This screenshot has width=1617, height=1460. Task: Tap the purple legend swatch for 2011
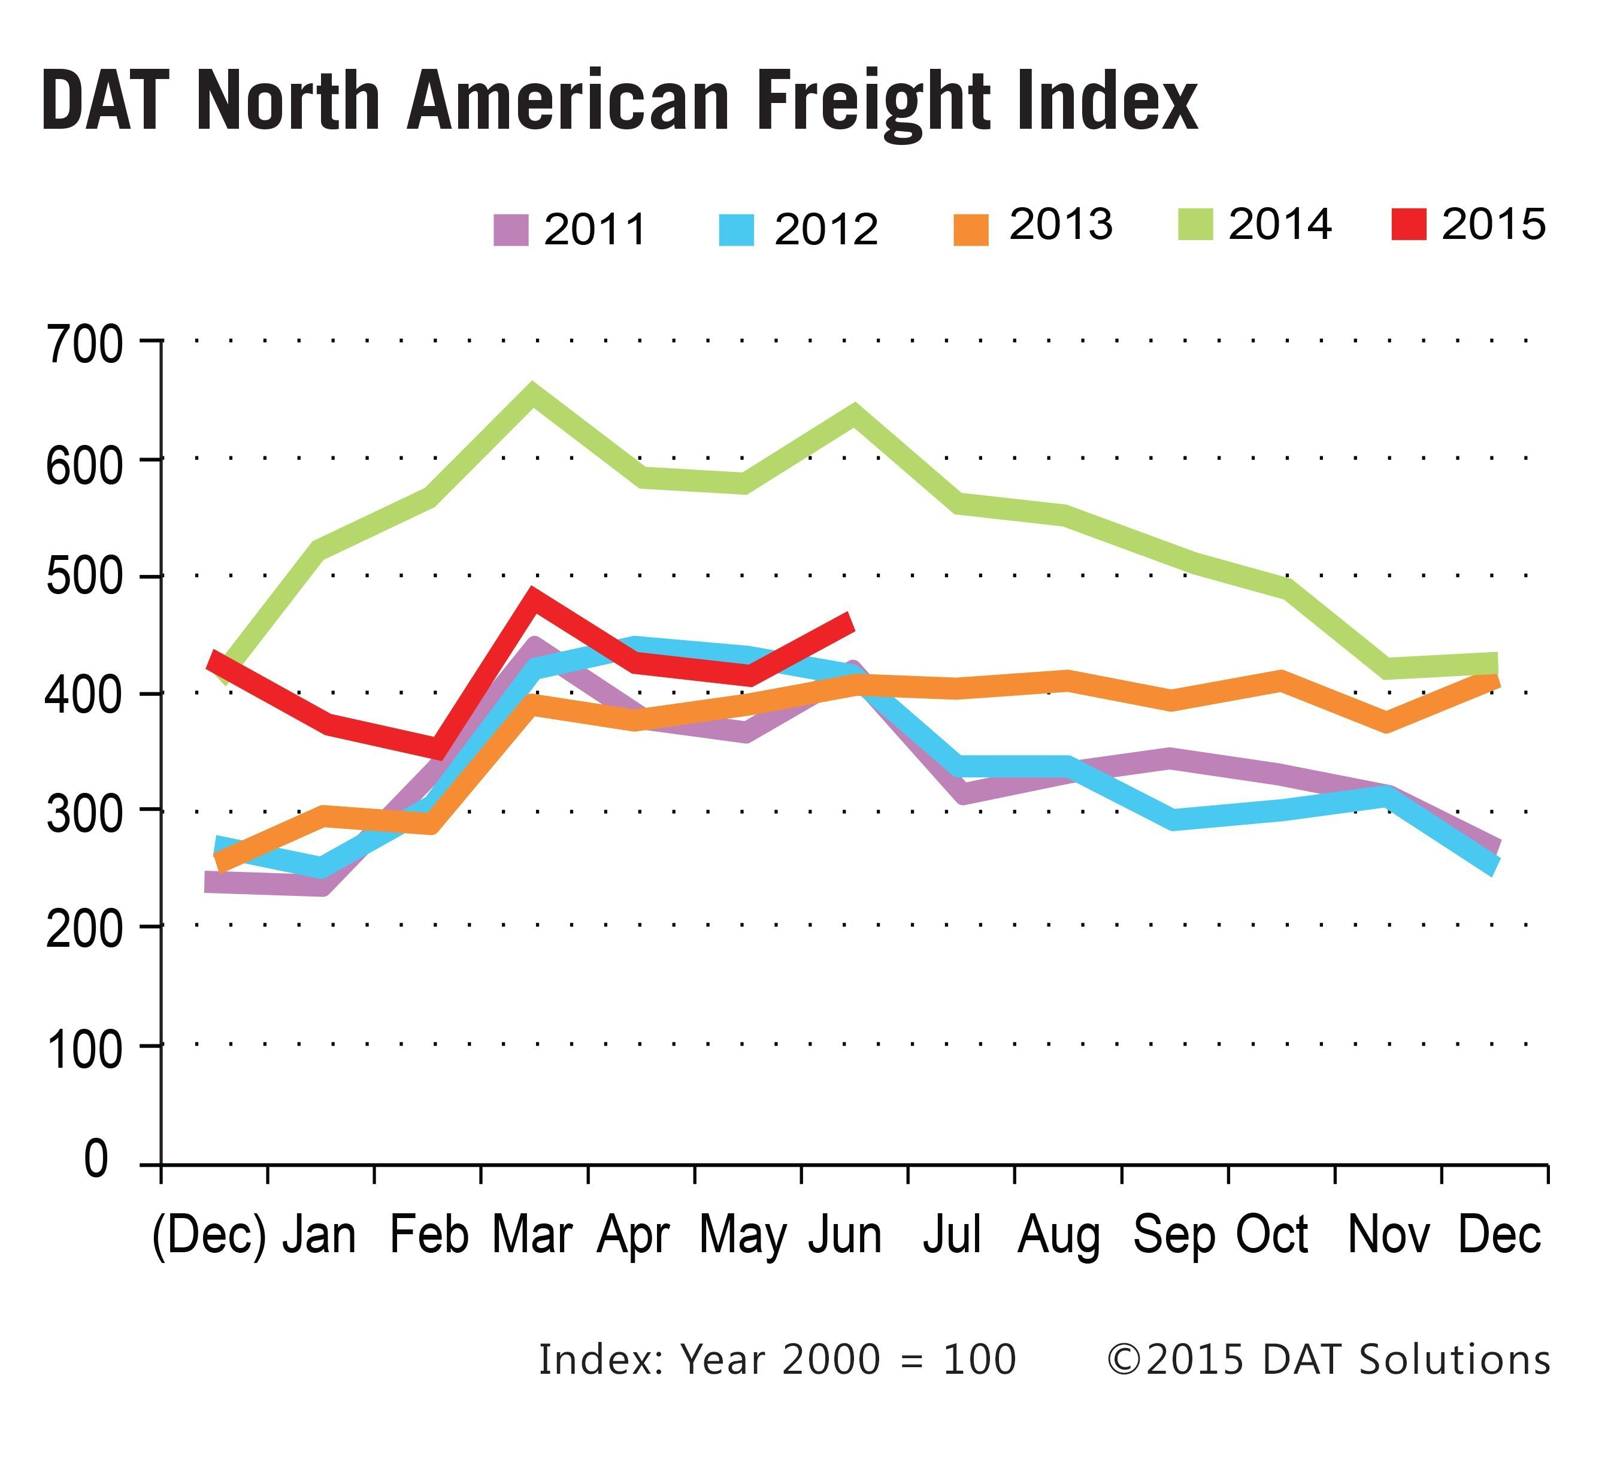point(510,230)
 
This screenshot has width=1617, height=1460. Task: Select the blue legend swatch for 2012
point(736,230)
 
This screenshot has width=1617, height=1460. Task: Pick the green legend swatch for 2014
point(1195,224)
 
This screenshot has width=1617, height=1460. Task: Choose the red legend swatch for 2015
point(1409,224)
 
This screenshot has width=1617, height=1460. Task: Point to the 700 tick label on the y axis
point(85,346)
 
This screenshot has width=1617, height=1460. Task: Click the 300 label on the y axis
point(85,815)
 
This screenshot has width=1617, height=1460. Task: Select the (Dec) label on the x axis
point(208,1235)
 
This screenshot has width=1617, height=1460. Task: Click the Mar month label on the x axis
point(532,1235)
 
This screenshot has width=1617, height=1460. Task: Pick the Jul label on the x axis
point(952,1235)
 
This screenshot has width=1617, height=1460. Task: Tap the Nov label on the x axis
point(1388,1235)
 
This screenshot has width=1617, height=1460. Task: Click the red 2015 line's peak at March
point(532,598)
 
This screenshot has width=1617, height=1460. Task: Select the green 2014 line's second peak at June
point(854,416)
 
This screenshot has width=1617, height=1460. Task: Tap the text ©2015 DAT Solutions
point(1328,1360)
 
